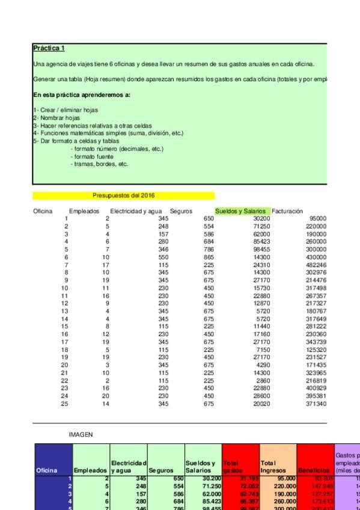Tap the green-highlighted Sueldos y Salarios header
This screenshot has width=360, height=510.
pos(242,211)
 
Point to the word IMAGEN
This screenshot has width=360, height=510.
pos(81,432)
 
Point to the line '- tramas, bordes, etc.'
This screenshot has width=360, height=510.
pos(99,164)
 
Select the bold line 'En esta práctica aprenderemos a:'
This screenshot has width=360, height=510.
pos(82,95)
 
